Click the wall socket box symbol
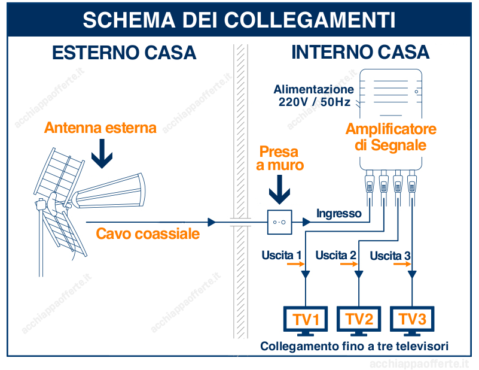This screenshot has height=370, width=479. tap(279, 222)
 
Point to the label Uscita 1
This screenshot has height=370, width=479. tap(281, 256)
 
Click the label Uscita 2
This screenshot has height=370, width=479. tap(335, 256)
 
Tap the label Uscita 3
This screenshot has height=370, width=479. tap(390, 256)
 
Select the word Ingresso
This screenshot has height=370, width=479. tap(339, 213)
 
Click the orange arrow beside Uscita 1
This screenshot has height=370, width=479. tap(295, 265)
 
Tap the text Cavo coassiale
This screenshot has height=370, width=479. tap(148, 233)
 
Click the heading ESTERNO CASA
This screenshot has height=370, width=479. tap(124, 53)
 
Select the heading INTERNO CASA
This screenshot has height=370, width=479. tap(360, 53)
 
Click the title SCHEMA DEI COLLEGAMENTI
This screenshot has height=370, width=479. tap(239, 19)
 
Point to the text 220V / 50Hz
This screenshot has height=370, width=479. tap(315, 102)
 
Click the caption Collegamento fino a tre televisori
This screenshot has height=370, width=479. tap(354, 347)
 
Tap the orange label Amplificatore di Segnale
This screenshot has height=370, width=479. tap(390, 137)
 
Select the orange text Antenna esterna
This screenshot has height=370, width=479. tap(100, 128)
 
